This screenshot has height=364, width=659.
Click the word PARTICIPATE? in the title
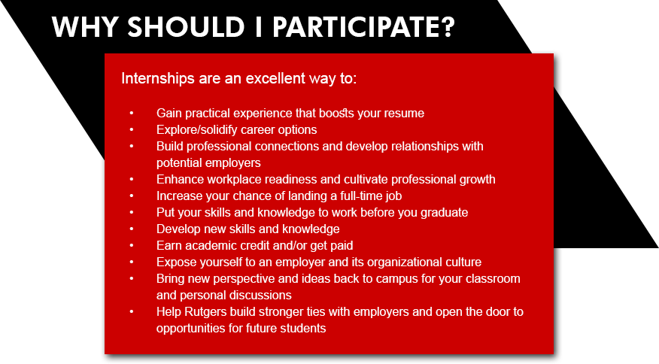click(363, 27)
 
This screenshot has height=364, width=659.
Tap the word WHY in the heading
click(85, 27)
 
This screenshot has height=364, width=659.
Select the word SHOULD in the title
click(186, 27)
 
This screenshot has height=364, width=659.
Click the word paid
click(341, 245)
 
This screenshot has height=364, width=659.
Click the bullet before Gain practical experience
click(132, 113)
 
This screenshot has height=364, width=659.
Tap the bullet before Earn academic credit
click(132, 245)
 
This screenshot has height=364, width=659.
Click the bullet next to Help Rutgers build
click(132, 312)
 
